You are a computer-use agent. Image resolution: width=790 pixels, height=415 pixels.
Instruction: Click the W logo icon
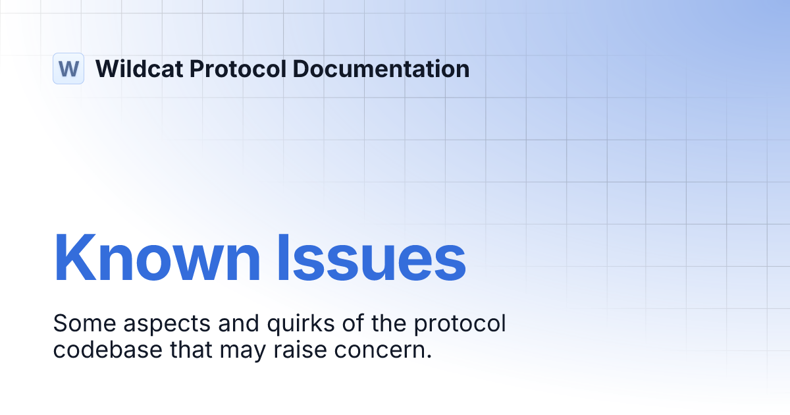[x=68, y=69]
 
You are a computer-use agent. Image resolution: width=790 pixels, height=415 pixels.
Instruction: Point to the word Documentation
[x=382, y=69]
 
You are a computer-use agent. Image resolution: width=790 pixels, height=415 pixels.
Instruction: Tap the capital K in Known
[x=71, y=257]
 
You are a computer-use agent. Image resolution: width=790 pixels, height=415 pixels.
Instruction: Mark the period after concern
[x=429, y=356]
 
